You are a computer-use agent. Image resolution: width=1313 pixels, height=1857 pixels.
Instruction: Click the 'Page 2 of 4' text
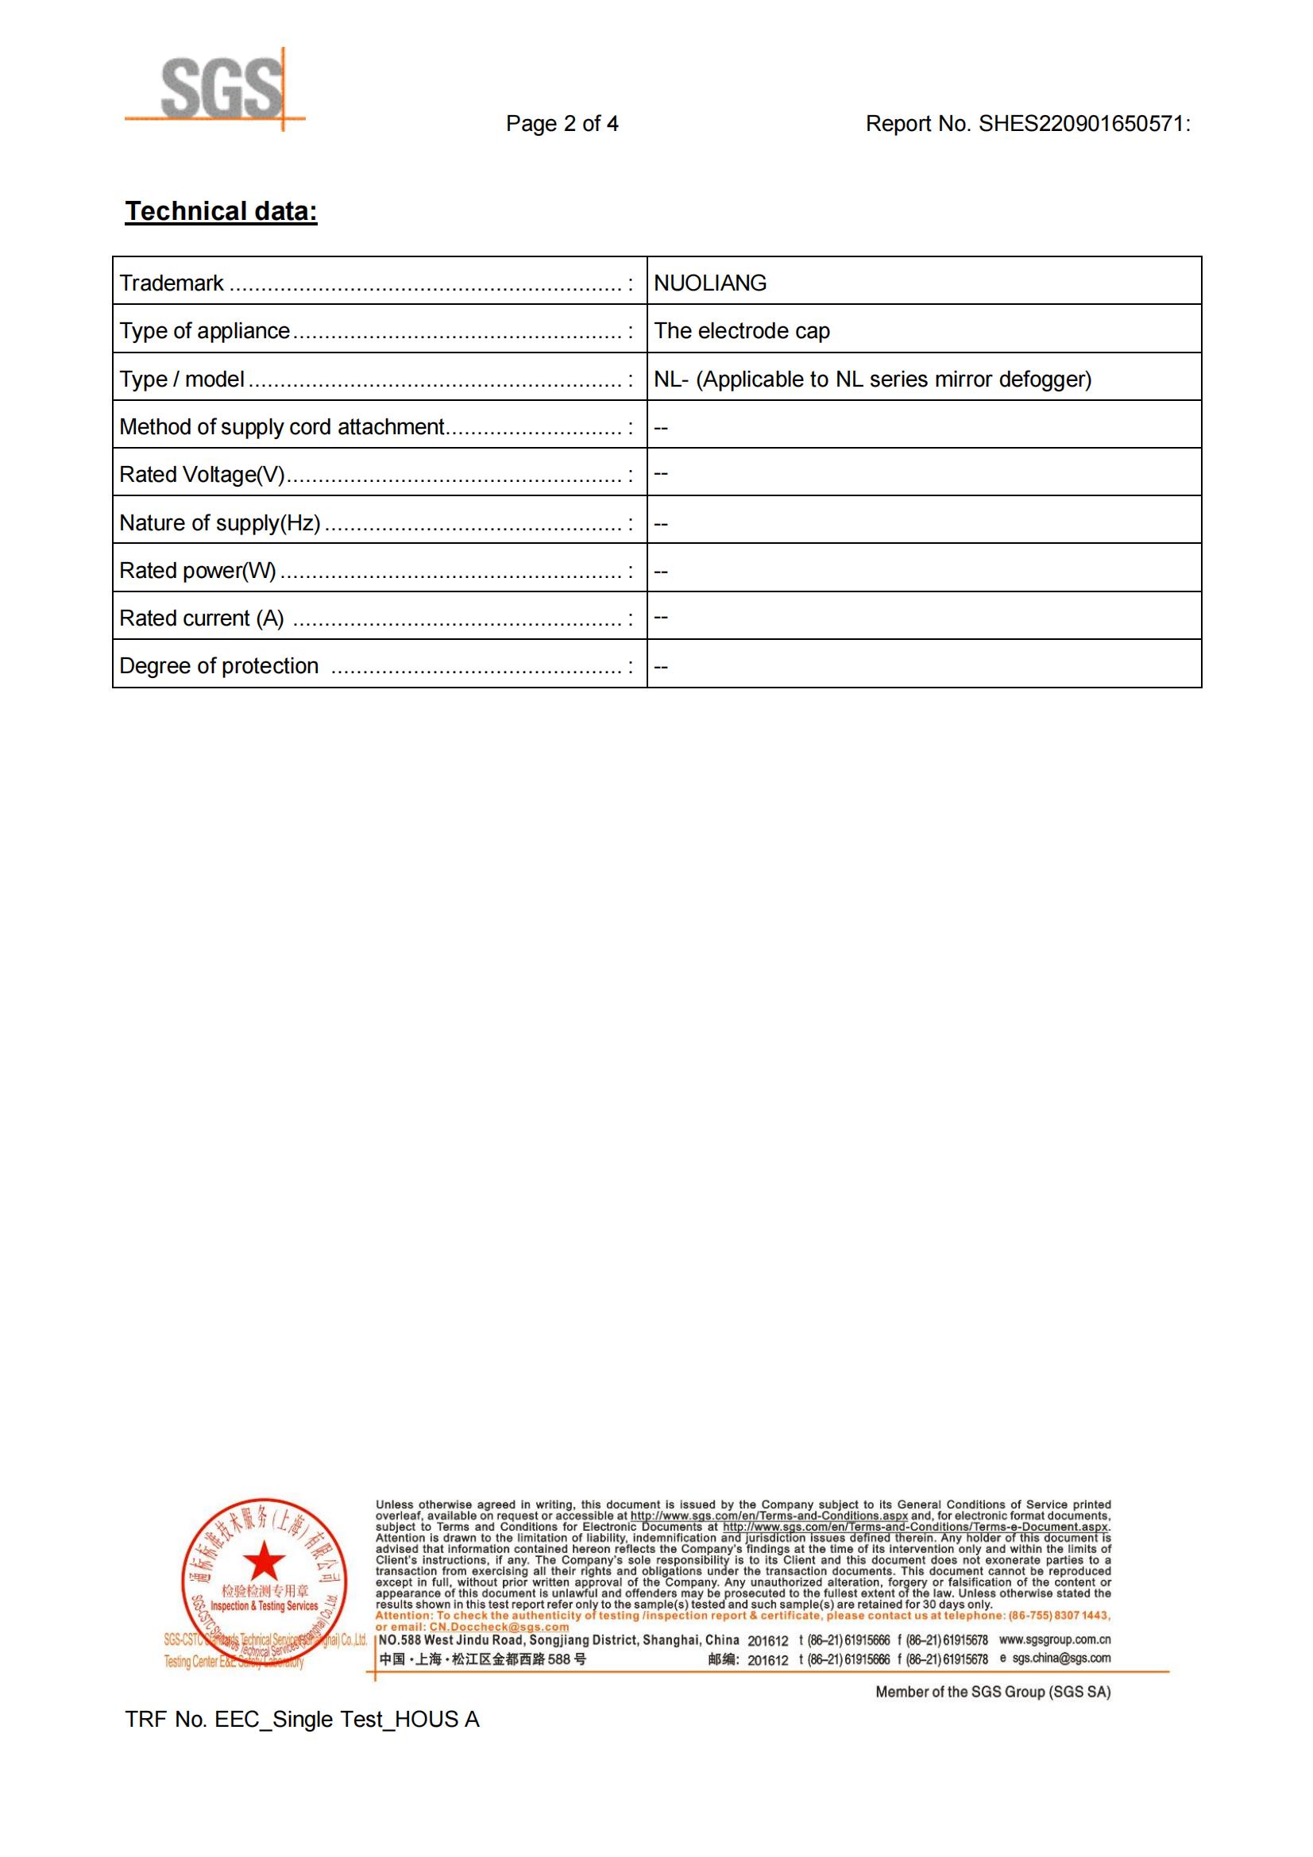coord(562,124)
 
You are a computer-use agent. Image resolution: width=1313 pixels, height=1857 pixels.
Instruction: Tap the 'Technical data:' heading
coord(221,212)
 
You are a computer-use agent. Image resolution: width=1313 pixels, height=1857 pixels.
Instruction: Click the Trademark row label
coord(172,283)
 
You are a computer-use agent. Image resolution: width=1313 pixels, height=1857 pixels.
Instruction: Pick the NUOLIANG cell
coord(709,283)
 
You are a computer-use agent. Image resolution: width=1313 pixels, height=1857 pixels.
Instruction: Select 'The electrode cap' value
coord(741,331)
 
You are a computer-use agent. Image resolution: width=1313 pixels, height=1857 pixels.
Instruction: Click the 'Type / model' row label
coord(182,379)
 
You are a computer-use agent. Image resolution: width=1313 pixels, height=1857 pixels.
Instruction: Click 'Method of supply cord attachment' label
coord(281,427)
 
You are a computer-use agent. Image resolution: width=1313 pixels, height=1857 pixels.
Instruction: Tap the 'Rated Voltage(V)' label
coord(202,475)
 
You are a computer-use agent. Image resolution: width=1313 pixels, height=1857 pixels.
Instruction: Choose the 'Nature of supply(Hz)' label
coord(219,523)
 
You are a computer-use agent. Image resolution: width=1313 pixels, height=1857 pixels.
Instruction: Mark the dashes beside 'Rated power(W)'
coord(661,572)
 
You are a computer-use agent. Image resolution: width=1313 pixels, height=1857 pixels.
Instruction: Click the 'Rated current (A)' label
coord(202,618)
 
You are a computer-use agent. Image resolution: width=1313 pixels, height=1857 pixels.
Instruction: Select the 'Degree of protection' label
coord(218,666)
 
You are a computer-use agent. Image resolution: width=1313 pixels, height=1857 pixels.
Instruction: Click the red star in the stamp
coord(264,1562)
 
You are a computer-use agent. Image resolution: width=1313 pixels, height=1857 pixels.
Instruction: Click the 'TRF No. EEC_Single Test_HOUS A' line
coord(302,1720)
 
